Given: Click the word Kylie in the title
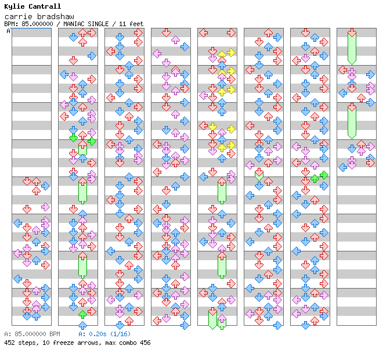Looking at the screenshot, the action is coord(14,6).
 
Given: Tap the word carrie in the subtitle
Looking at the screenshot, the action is coord(19,17).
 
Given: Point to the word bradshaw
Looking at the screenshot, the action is coord(56,17).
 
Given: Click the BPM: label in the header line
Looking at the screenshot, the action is coord(11,24).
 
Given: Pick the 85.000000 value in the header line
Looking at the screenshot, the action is coord(37,24).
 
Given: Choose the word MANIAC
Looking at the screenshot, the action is coord(73,24).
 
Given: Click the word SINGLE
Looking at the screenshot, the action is coord(98,24).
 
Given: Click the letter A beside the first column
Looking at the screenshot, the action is coord(8,31).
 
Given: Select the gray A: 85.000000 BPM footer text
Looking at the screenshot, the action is coord(32,334).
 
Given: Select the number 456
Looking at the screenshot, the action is coord(145,343).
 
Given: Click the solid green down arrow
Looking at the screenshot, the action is coord(73,138).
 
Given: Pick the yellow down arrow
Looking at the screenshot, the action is coord(212,127).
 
